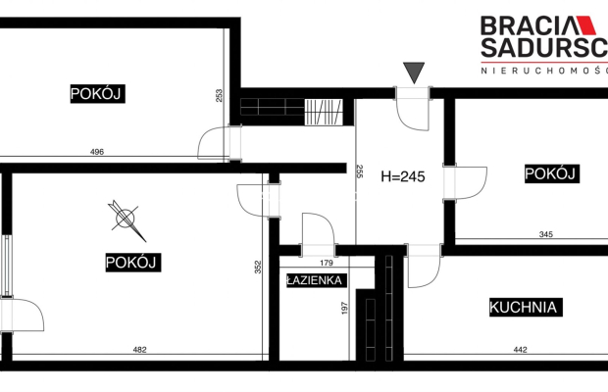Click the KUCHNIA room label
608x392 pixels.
(x=525, y=308)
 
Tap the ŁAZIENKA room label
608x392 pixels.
(x=314, y=280)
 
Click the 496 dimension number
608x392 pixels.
(x=96, y=152)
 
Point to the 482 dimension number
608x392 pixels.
(x=139, y=350)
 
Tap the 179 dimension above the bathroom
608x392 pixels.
(x=329, y=262)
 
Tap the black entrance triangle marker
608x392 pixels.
(x=414, y=71)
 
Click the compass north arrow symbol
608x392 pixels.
(x=127, y=220)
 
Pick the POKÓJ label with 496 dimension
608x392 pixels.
(x=99, y=94)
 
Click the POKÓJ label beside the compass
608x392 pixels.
(x=132, y=263)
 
